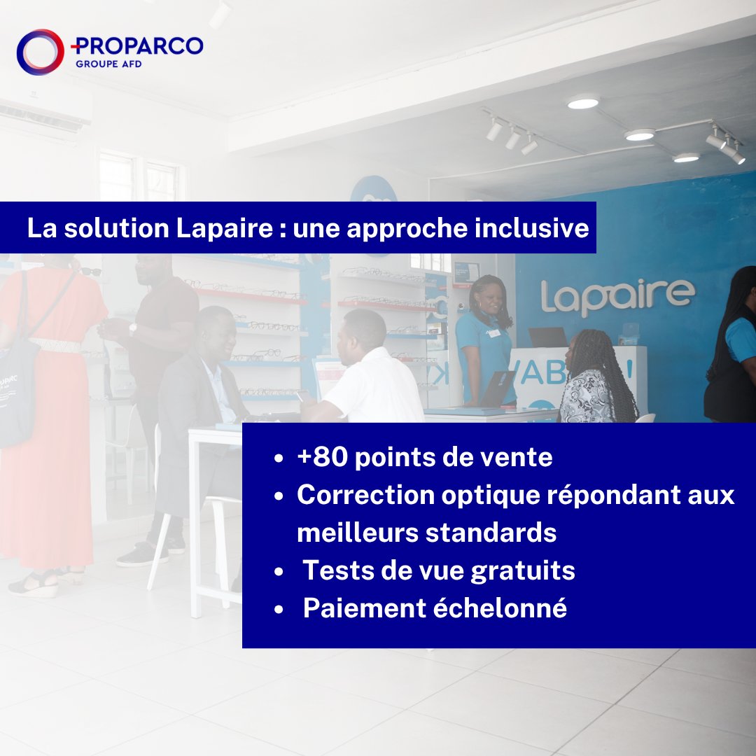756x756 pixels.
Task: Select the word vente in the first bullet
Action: tap(519, 458)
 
